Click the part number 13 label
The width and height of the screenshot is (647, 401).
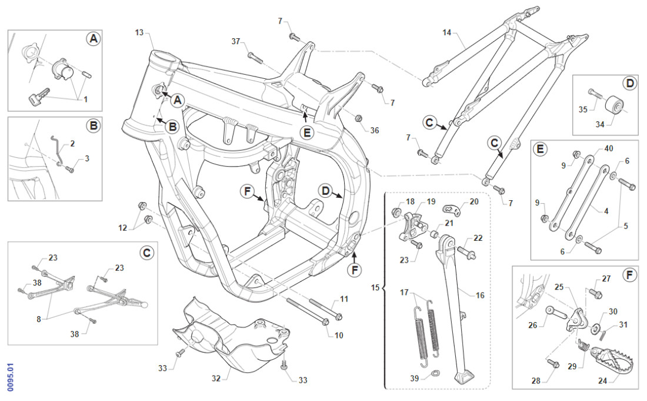point(139,32)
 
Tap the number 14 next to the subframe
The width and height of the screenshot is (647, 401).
point(447,32)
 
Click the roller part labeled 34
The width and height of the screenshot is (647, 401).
point(615,106)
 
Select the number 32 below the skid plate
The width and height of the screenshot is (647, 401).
point(216,378)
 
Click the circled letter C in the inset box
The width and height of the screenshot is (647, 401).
point(146,253)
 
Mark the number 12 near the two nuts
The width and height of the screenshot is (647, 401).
point(122,227)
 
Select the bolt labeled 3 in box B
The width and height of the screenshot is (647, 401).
point(70,170)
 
